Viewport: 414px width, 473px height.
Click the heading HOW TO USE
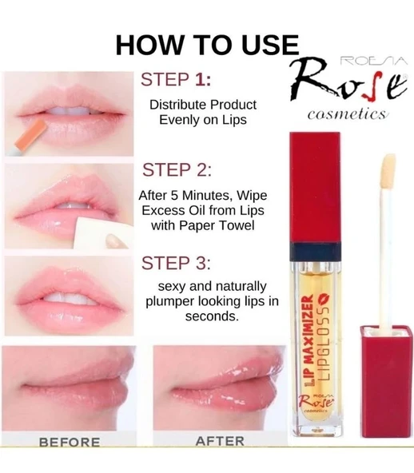pyautogui.click(x=207, y=46)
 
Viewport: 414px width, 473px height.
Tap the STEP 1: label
pyautogui.click(x=176, y=81)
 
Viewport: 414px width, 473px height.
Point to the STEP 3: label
pyautogui.click(x=177, y=264)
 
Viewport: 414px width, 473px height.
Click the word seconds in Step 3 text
pyautogui.click(x=212, y=316)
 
